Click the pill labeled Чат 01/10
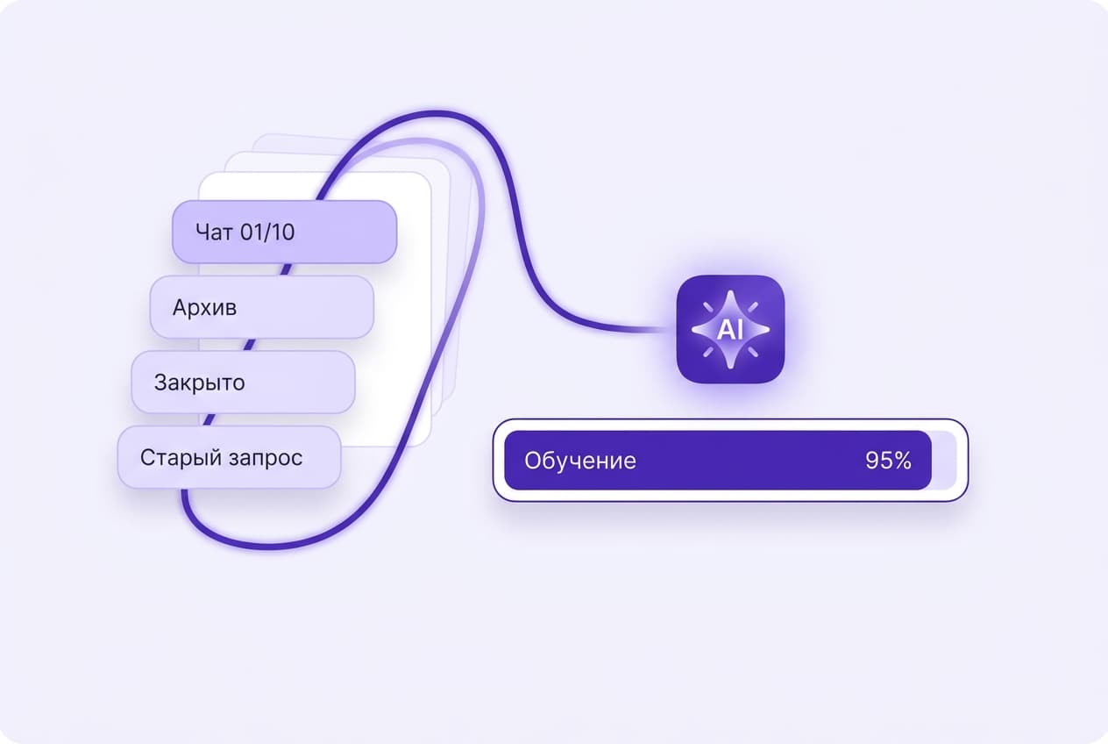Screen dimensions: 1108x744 (x=284, y=232)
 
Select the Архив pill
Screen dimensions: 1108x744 (x=262, y=307)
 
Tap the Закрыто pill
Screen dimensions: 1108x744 (x=244, y=383)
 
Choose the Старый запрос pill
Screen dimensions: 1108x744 (x=230, y=457)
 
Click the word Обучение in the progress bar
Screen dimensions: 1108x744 (x=580, y=461)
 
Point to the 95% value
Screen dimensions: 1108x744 (x=888, y=461)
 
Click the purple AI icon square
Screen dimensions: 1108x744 (x=730, y=329)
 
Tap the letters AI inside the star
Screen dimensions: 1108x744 (x=730, y=330)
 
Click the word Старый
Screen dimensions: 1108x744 (x=181, y=458)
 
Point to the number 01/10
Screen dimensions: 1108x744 (x=267, y=232)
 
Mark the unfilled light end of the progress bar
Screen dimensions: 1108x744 (x=944, y=461)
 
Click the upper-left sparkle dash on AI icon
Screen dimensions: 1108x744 (x=707, y=307)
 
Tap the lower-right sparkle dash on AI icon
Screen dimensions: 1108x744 (x=753, y=352)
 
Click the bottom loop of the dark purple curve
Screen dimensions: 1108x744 (x=267, y=546)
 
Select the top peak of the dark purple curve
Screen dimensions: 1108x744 (x=436, y=114)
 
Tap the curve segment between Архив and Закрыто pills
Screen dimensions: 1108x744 (x=250, y=345)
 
